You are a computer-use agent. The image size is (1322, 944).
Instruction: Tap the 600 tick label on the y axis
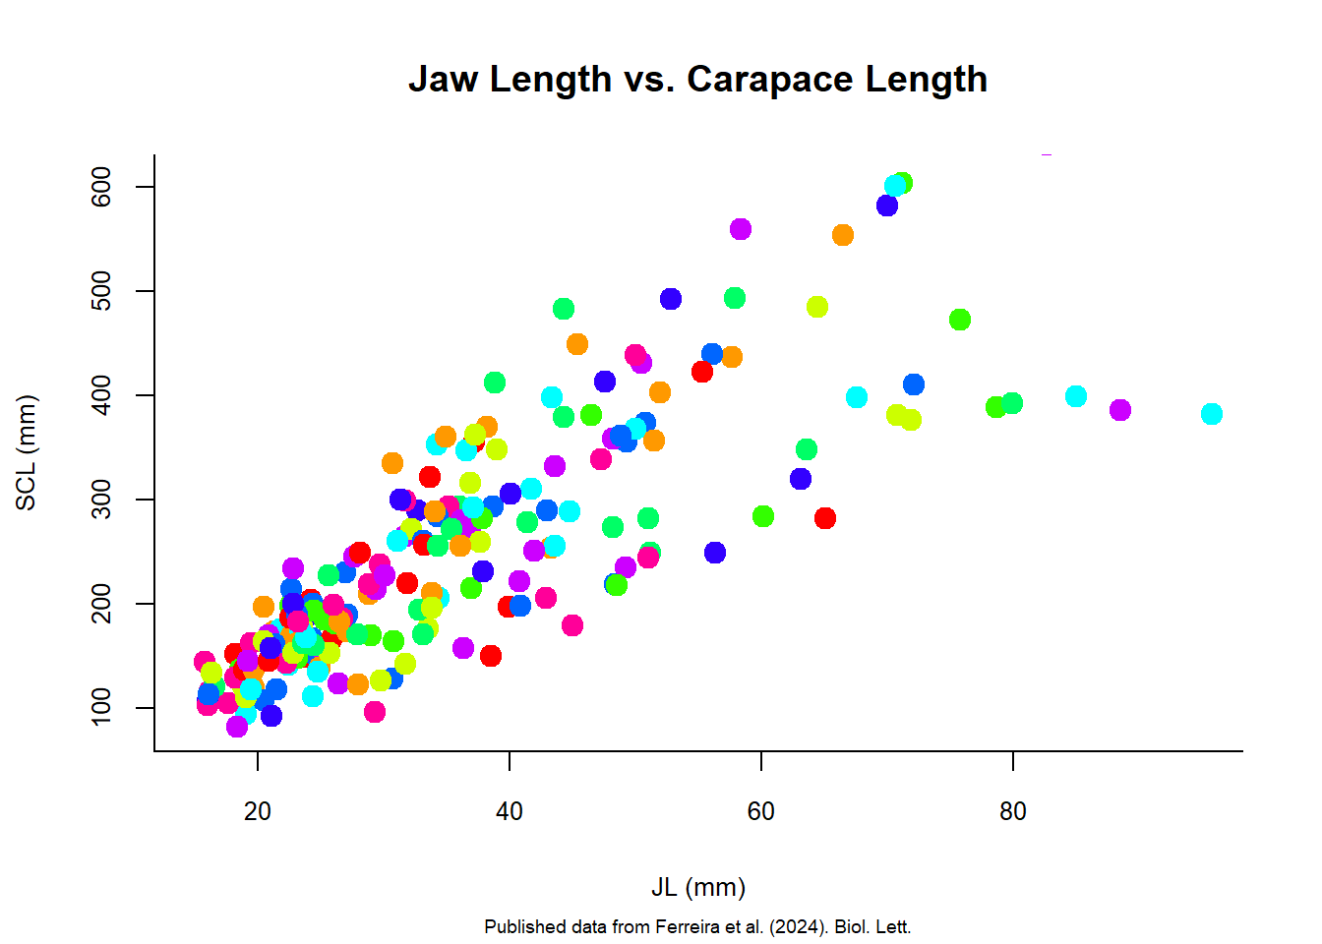[101, 187]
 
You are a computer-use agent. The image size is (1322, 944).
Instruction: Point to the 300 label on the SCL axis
[101, 500]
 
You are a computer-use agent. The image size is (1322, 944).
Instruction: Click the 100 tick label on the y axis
[101, 708]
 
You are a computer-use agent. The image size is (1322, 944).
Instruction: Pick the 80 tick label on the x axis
[1012, 811]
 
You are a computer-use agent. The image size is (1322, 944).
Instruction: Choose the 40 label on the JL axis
[509, 811]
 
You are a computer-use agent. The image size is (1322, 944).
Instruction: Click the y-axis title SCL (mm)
[27, 452]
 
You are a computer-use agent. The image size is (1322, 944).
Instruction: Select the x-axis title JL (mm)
[698, 887]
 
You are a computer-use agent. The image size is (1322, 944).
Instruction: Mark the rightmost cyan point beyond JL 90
[1212, 414]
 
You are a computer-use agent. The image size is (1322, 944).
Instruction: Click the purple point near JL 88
[1120, 410]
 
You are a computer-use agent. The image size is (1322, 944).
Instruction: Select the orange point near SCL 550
[843, 235]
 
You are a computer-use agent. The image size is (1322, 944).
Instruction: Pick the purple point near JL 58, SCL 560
[741, 229]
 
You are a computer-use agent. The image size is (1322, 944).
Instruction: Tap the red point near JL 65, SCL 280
[825, 518]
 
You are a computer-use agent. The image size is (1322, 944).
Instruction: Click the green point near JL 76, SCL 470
[960, 320]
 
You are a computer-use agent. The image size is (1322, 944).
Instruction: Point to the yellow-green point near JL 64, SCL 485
[817, 307]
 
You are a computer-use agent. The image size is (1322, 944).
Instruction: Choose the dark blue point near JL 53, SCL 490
[671, 299]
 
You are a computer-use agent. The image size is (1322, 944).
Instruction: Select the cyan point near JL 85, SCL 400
[1076, 396]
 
